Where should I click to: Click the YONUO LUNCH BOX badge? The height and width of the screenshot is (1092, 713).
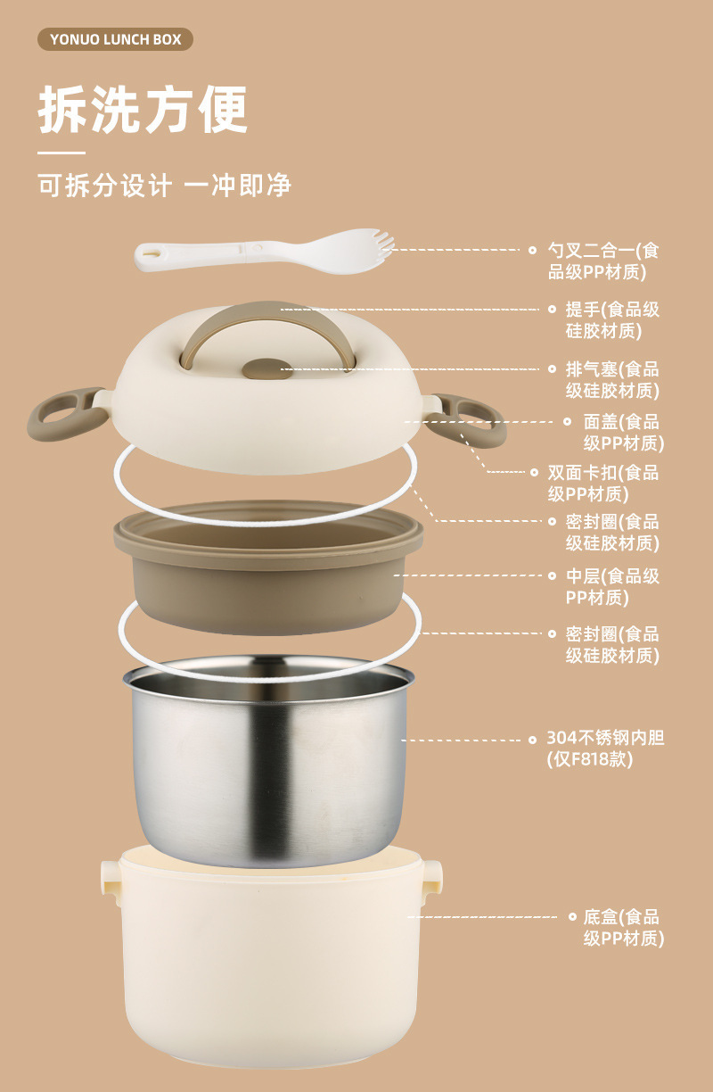(115, 39)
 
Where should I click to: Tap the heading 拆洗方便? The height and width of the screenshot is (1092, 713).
(143, 111)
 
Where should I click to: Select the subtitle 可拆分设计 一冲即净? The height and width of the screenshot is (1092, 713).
(164, 186)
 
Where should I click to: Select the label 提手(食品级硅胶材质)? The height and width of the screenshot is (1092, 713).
(612, 320)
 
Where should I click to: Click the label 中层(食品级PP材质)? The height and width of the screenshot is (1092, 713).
(612, 586)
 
